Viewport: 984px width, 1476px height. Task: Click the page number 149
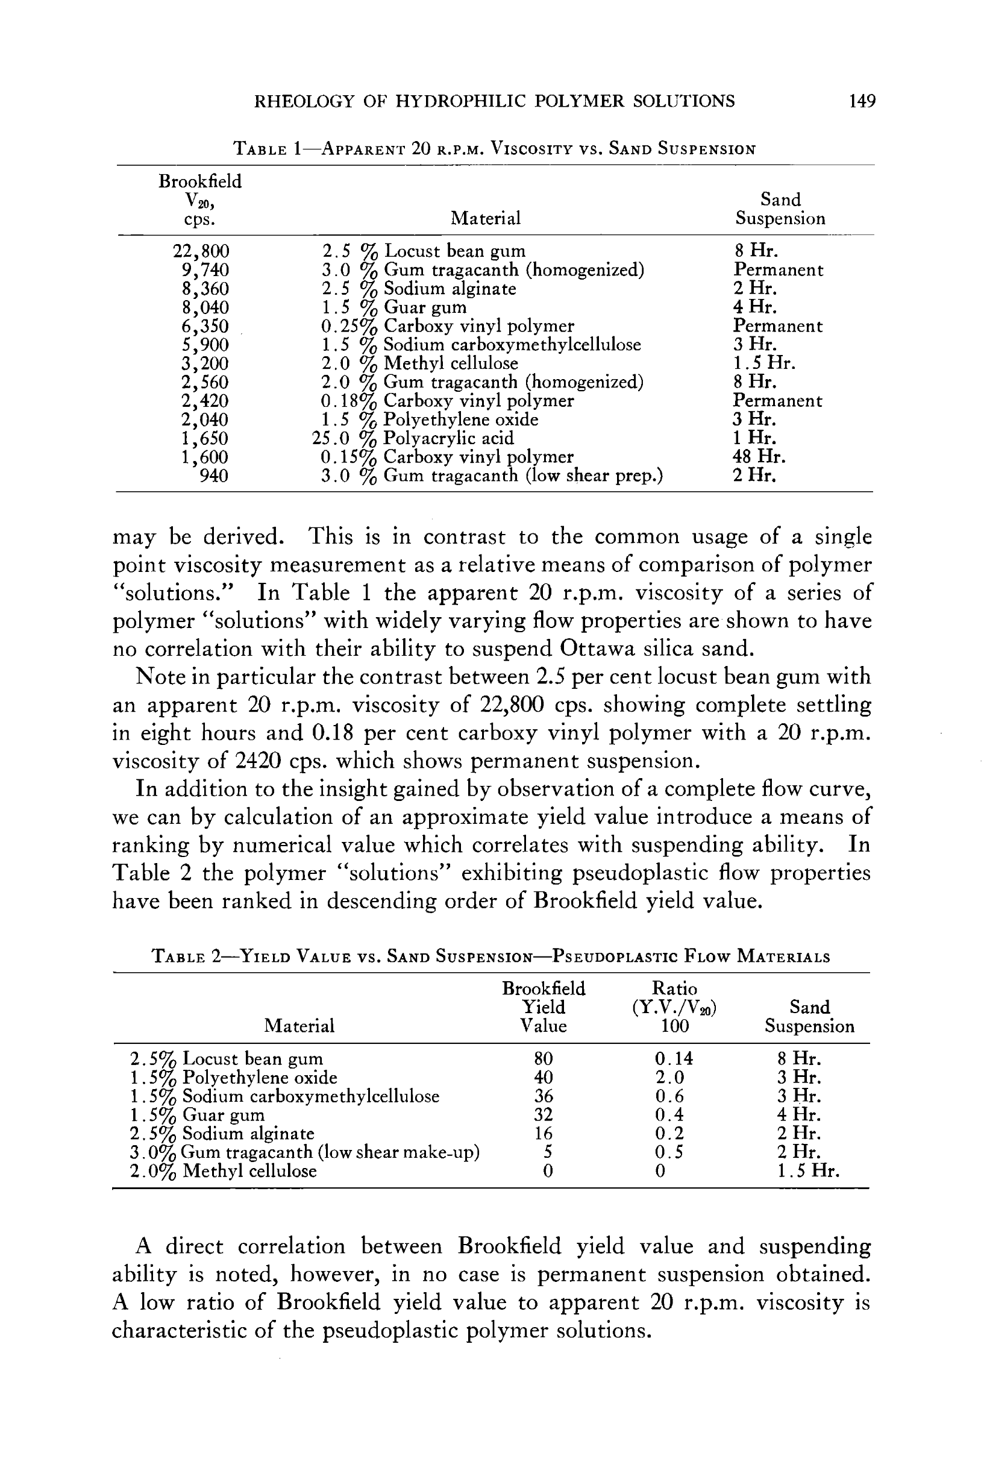click(x=862, y=101)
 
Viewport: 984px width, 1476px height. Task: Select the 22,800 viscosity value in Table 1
click(x=201, y=252)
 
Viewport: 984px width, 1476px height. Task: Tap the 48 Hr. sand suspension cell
click(x=759, y=457)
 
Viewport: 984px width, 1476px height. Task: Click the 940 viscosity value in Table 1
click(x=213, y=476)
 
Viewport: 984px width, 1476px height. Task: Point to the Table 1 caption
click(x=494, y=149)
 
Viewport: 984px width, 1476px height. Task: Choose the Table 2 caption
click(x=490, y=957)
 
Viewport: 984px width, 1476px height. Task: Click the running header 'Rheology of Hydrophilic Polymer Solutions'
click(x=494, y=101)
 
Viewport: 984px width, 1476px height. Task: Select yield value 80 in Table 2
click(x=543, y=1060)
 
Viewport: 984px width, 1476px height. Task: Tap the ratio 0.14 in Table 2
click(x=674, y=1060)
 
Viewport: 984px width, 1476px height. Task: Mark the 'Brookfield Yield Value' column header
click(x=544, y=1007)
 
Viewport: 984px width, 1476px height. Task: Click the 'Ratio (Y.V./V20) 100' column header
click(x=675, y=1007)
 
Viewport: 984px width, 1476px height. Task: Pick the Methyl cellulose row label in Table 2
click(x=224, y=1172)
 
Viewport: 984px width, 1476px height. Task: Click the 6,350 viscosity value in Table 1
click(x=205, y=326)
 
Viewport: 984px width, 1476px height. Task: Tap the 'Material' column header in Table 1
click(x=486, y=218)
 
